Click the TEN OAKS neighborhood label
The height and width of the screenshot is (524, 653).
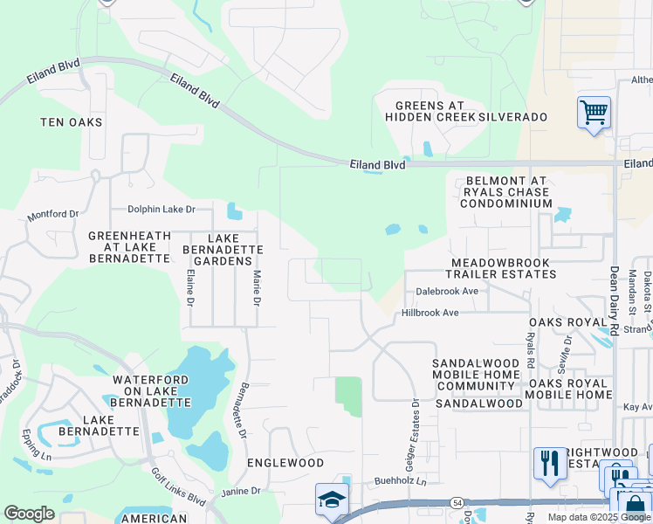tap(72, 123)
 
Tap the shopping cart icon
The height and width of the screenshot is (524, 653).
tap(594, 113)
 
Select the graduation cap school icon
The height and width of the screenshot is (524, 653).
tap(332, 500)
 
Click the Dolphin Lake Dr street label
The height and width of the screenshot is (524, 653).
tap(162, 210)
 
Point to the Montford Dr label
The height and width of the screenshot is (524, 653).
tap(53, 214)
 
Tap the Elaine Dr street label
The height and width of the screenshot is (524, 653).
tap(190, 288)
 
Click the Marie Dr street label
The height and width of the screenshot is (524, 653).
tap(258, 288)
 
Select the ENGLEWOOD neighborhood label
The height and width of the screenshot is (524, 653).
tap(285, 463)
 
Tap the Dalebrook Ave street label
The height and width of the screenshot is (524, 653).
tap(447, 291)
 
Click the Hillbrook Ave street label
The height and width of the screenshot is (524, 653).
tap(430, 313)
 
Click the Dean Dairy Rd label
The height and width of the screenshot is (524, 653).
tap(615, 301)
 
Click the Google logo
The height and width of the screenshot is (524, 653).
tap(30, 514)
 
